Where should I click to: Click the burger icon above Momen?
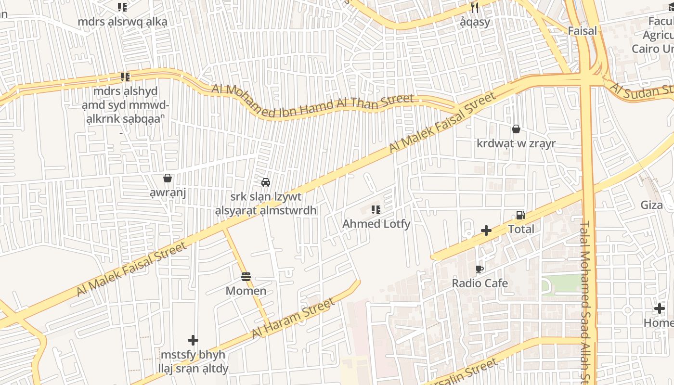coord(246,277)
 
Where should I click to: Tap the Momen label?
coord(246,291)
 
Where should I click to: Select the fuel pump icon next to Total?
coord(520,215)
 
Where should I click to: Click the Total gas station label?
coord(521,229)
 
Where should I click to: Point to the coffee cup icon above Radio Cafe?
coord(479,269)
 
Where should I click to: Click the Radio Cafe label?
coord(480,283)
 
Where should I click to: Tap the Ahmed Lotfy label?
coord(376,224)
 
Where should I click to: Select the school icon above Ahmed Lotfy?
coord(376,210)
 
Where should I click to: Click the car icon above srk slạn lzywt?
coord(265,182)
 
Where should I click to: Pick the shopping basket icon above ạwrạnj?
coord(168,179)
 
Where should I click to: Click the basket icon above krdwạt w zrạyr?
coord(516,129)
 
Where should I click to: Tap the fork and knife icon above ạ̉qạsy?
coord(475,7)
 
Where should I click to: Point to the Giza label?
coord(651,205)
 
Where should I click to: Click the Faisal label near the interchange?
coord(582,31)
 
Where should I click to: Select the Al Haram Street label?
coord(293,319)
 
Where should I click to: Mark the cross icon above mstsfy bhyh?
coord(193,340)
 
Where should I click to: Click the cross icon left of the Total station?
coord(486,231)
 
